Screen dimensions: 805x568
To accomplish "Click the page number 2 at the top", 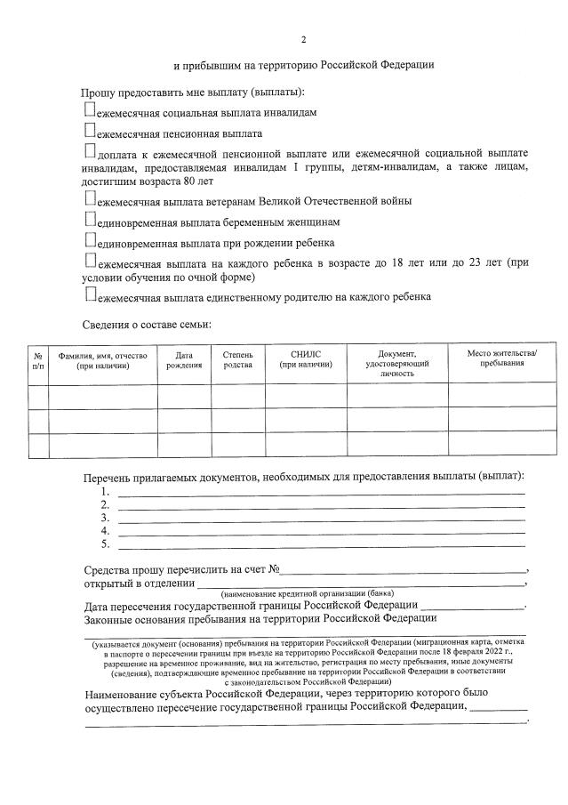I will tap(303, 40).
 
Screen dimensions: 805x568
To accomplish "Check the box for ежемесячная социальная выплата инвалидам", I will tap(90, 110).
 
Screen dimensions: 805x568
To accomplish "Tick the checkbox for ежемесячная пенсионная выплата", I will tap(90, 132).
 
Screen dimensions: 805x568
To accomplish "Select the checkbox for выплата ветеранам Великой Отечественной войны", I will tap(90, 198).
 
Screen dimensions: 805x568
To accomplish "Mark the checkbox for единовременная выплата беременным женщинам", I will tap(90, 219).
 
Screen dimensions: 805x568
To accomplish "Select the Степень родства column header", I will tap(237, 359).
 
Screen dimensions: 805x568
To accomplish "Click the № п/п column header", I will tap(38, 360).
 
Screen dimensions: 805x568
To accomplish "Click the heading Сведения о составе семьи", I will tap(147, 326).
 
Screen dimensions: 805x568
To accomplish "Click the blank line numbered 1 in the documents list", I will tap(321, 492).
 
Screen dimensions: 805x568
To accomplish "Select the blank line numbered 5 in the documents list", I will tap(321, 544).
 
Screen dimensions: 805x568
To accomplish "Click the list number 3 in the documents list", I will tap(105, 518).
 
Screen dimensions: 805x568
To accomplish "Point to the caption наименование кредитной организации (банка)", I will tap(308, 593).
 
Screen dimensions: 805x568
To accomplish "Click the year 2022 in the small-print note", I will tap(500, 652).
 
